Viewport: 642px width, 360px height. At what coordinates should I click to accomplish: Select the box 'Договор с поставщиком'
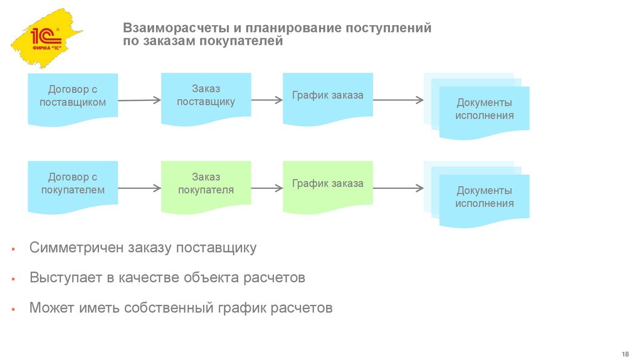(x=73, y=97)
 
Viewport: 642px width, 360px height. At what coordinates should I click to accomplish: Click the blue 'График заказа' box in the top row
(x=327, y=96)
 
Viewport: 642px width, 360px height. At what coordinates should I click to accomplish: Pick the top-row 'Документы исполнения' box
(x=484, y=109)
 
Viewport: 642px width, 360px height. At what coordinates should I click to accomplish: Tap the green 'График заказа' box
(x=327, y=184)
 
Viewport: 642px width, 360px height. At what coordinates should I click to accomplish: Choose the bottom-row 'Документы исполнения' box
(x=484, y=197)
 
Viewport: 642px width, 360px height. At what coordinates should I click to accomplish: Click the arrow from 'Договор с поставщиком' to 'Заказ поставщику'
(x=139, y=100)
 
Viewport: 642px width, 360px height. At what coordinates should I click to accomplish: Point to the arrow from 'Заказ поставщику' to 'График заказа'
(x=267, y=99)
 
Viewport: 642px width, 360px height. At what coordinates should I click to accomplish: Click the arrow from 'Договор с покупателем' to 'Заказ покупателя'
(x=139, y=188)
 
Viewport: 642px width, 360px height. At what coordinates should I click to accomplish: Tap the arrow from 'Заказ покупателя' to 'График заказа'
(x=267, y=187)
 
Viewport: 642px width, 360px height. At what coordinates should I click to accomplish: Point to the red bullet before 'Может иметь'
(x=13, y=310)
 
